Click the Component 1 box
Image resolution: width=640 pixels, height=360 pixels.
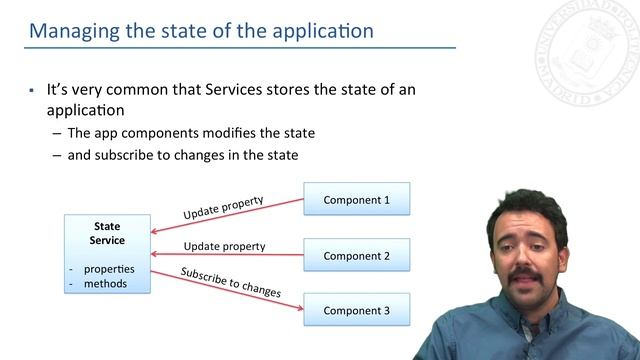click(x=356, y=200)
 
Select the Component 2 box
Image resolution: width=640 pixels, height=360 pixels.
click(x=356, y=255)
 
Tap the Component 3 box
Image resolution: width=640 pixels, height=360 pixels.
click(x=356, y=310)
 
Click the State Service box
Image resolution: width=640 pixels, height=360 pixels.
click(x=107, y=253)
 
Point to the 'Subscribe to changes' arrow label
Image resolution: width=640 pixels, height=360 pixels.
click(x=230, y=281)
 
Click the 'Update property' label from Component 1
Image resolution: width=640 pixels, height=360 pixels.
click(x=223, y=208)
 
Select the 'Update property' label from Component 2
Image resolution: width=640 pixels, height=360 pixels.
click(x=224, y=246)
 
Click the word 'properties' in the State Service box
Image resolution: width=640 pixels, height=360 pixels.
click(x=109, y=269)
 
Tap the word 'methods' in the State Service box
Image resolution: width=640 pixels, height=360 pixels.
click(x=105, y=284)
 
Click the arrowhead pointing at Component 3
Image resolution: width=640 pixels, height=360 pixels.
click(x=299, y=307)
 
